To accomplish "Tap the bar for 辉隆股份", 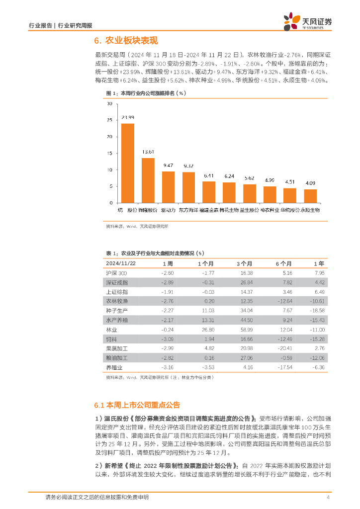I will point(148,180).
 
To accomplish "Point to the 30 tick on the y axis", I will point(109,103).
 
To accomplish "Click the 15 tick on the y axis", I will point(109,153).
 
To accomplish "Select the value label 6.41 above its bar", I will point(208,175).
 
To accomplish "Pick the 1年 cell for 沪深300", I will point(319,273).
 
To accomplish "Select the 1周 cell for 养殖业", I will point(167,368).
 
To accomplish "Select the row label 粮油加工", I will point(117,358).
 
